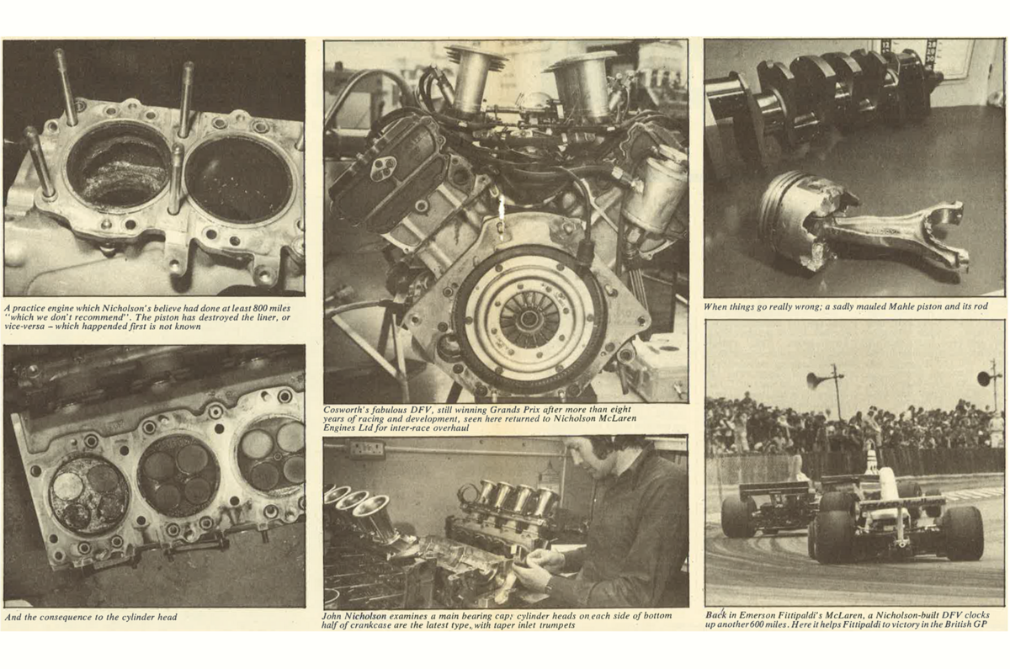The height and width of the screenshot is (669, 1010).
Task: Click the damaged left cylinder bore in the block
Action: coord(119,166)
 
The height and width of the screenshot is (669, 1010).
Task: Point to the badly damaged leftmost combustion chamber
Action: coord(88,496)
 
